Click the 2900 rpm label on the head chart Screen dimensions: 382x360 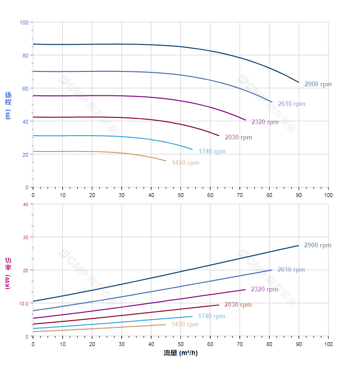point(318,84)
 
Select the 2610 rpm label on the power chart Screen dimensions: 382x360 point(291,270)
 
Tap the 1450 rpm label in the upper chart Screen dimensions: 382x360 point(185,163)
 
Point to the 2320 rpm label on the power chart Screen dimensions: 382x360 point(264,289)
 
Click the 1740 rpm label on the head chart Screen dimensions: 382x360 point(212,151)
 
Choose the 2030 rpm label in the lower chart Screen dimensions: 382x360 point(238,305)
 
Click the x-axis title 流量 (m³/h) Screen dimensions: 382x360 point(180,353)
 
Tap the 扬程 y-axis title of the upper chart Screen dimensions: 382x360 point(8,105)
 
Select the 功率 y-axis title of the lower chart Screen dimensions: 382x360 point(8,273)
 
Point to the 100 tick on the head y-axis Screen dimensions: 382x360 point(24,23)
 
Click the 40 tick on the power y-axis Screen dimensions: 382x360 point(25,204)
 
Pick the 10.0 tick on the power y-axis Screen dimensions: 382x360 point(23,303)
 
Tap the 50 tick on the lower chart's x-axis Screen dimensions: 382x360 point(180,344)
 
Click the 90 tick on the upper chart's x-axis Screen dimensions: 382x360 point(299,195)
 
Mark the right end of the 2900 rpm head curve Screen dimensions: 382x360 point(299,82)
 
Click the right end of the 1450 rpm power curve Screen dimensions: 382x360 point(166,324)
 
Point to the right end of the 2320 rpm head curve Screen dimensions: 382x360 point(246,120)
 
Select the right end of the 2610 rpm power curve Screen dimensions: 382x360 point(272,270)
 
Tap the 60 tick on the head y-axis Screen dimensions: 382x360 point(25,88)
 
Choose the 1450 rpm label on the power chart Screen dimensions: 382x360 point(185,324)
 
